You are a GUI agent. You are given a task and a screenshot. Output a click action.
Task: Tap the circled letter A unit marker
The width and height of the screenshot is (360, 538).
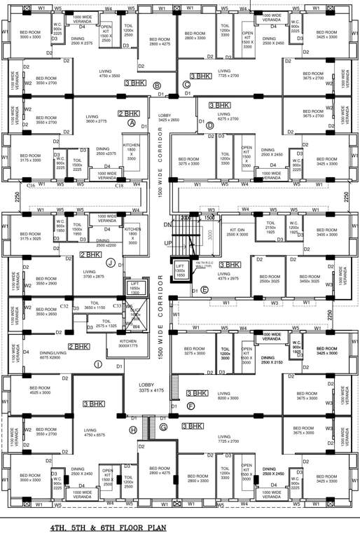pyautogui.click(x=131, y=122)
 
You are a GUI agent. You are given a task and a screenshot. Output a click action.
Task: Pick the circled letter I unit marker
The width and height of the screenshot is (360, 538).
pyautogui.click(x=97, y=364)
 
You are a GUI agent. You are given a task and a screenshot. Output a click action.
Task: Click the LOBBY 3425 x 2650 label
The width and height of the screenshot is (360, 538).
pyautogui.click(x=169, y=117)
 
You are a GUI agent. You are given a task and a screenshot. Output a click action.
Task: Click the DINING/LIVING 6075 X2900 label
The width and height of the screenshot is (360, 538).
pyautogui.click(x=46, y=355)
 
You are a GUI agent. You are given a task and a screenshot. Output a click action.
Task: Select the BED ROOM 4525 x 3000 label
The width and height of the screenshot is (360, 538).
pyautogui.click(x=39, y=390)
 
